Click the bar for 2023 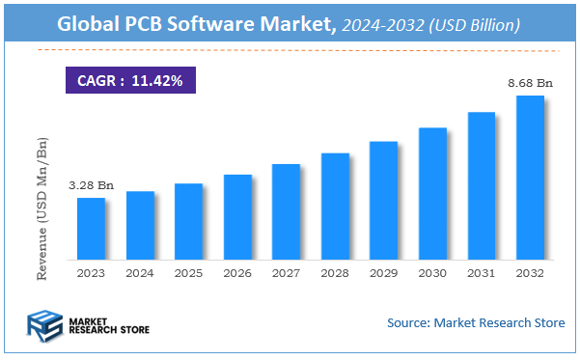click(91, 229)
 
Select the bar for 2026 click(237, 217)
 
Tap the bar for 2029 click(383, 201)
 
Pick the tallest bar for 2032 click(530, 178)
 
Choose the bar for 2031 click(481, 186)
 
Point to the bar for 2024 click(140, 226)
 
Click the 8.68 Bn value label click(530, 85)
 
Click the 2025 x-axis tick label click(188, 274)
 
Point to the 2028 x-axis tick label click(335, 274)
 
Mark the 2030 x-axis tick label click(432, 274)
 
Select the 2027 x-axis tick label click(286, 274)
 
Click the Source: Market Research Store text click(476, 322)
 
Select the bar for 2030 click(432, 194)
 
